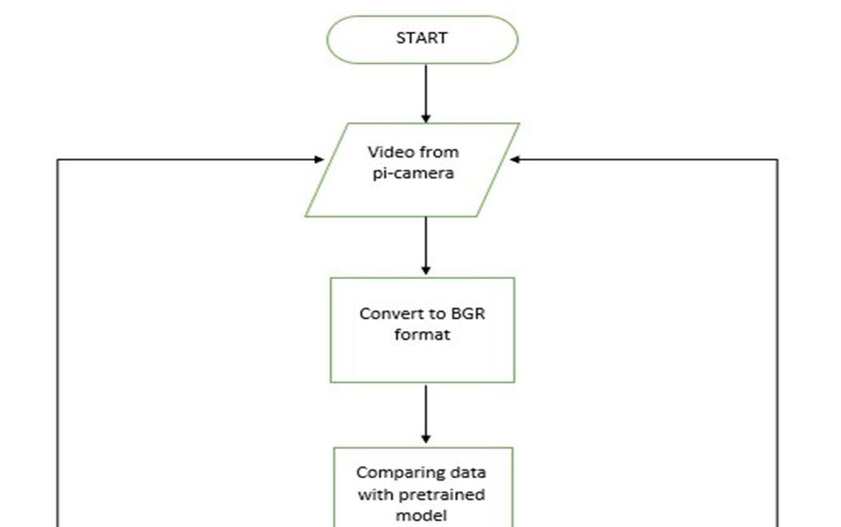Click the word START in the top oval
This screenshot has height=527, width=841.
[x=421, y=38]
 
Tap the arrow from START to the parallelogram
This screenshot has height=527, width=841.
[x=425, y=92]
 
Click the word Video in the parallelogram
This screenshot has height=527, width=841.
[x=389, y=152]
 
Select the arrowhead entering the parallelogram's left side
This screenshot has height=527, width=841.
[x=318, y=160]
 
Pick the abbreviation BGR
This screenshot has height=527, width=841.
[x=467, y=313]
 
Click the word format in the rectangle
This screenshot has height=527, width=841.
[x=422, y=334]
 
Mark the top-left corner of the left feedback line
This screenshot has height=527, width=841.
[x=58, y=160]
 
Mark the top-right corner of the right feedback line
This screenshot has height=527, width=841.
[x=777, y=160]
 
